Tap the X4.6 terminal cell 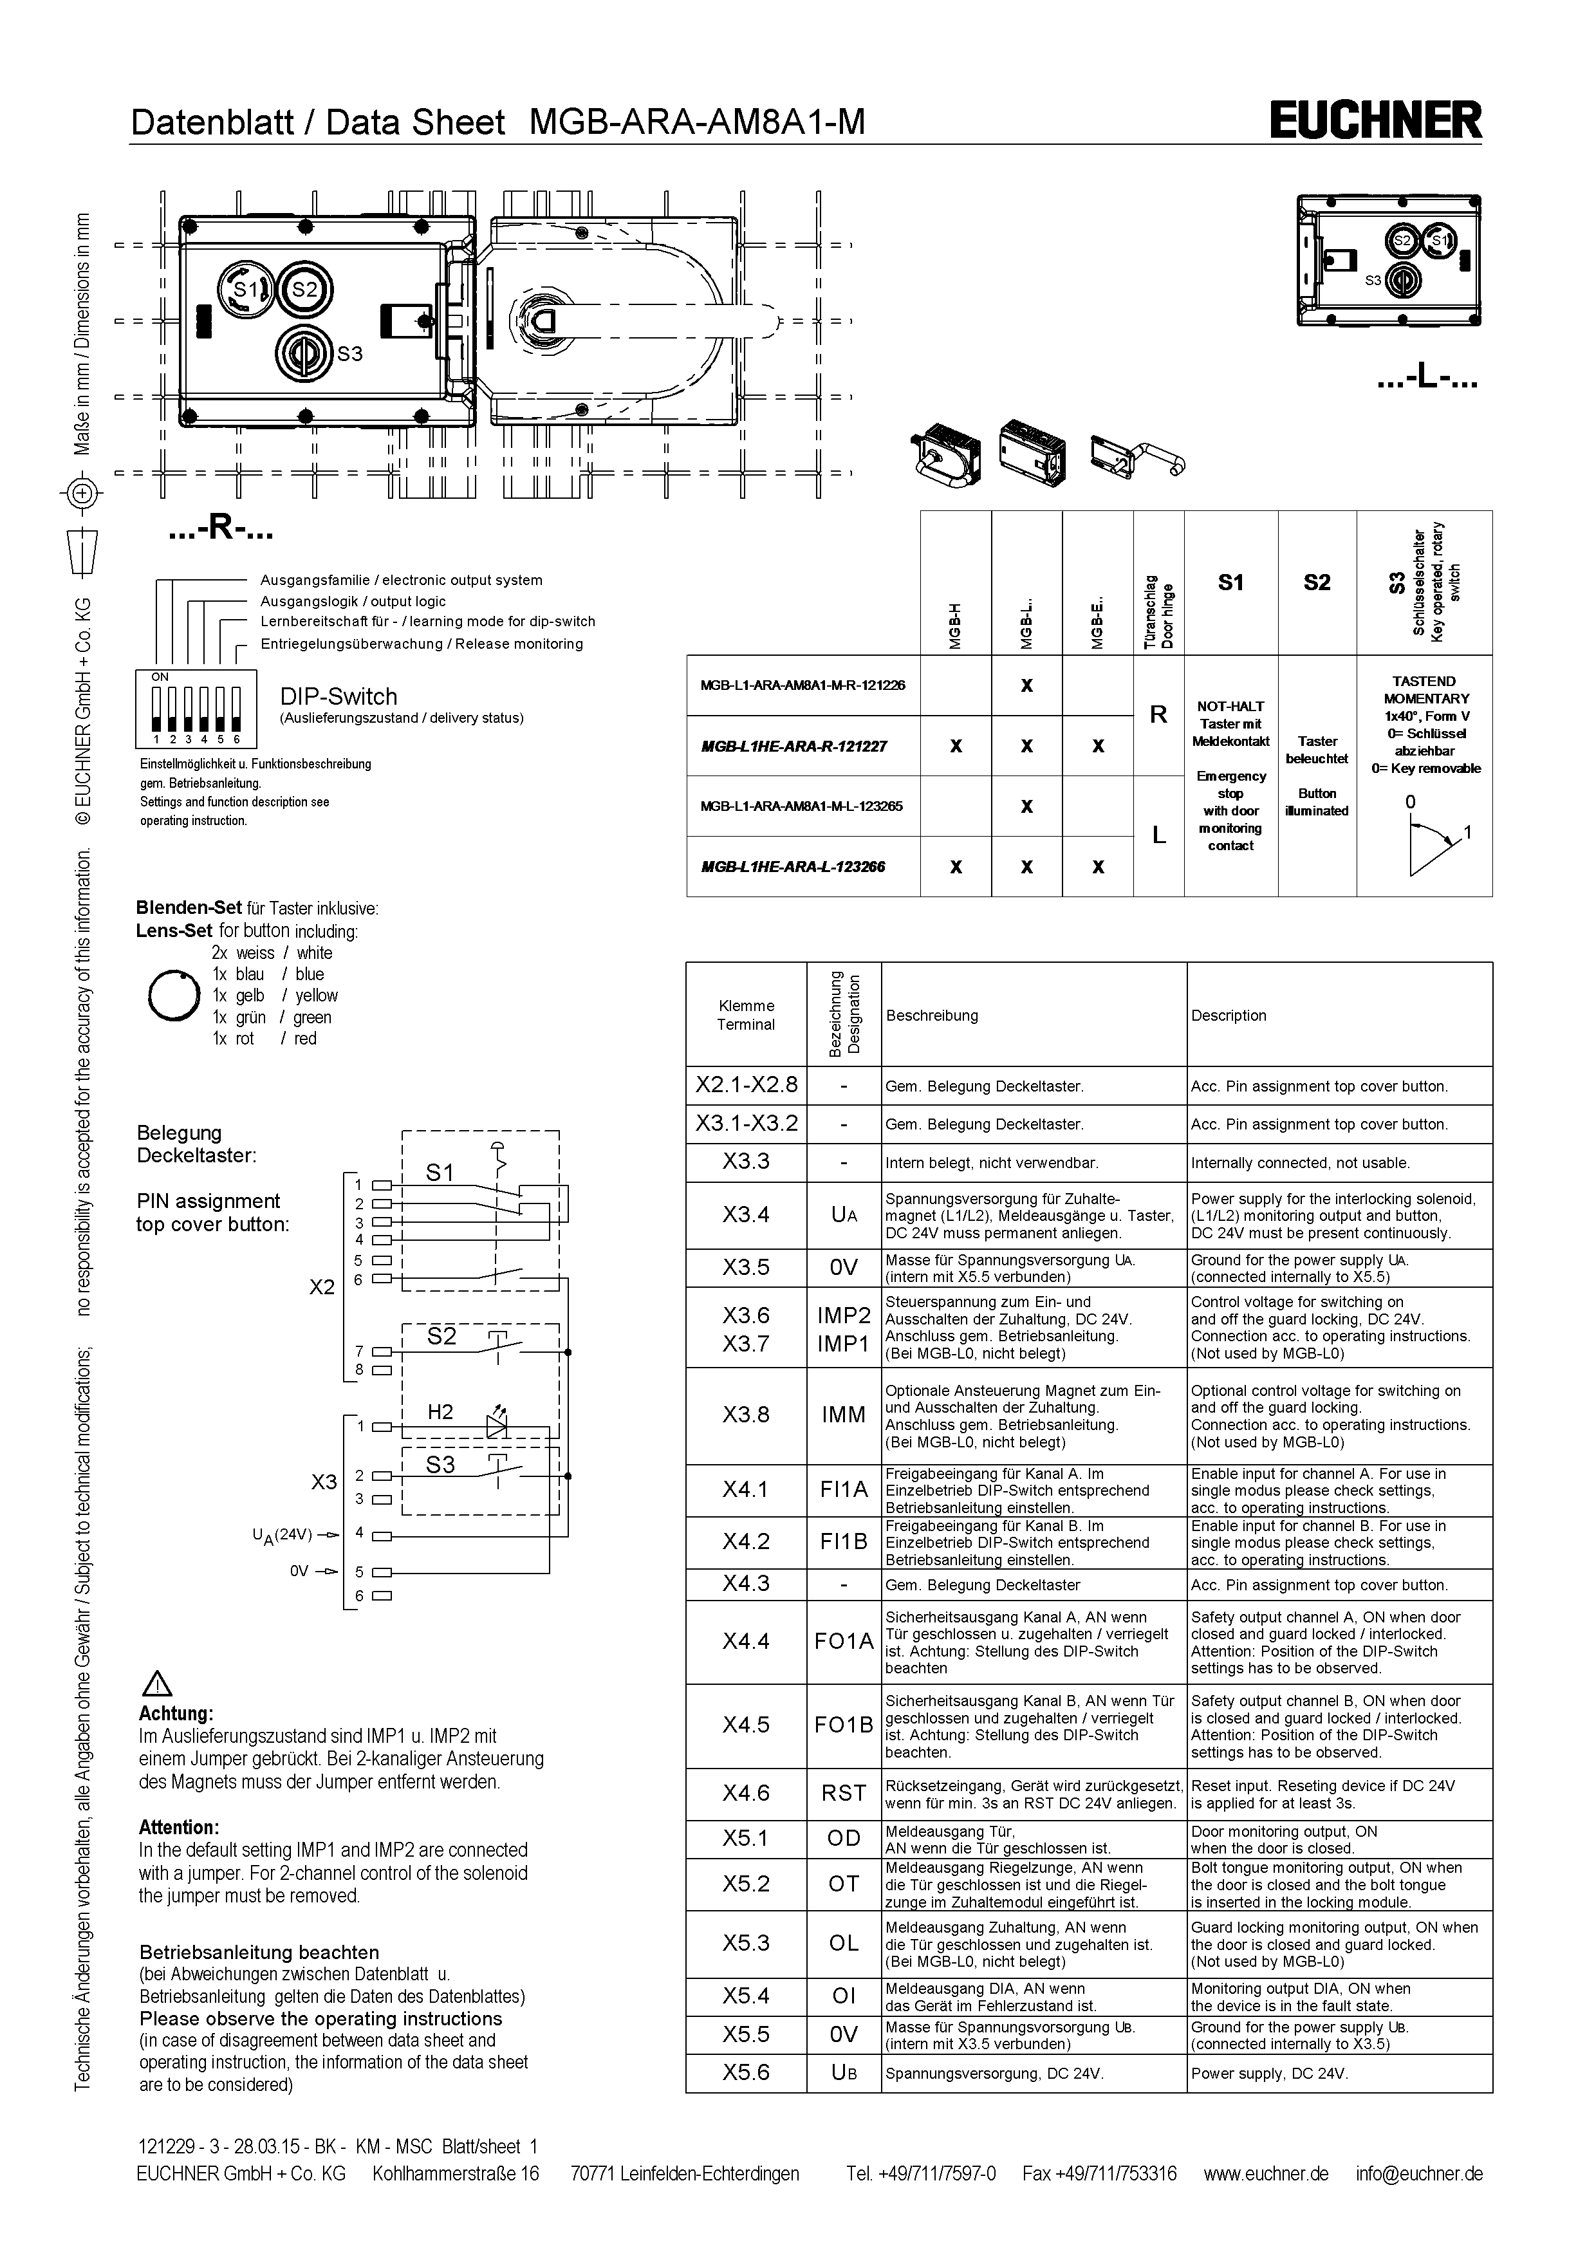coord(746,1793)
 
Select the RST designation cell coord(843,1793)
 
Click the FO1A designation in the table coord(843,1640)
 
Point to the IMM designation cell coord(843,1415)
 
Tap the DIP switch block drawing coord(196,709)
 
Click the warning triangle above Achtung coord(157,1684)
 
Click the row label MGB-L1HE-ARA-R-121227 coord(794,746)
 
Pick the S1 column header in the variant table coord(1230,583)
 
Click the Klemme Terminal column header coord(746,1014)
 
